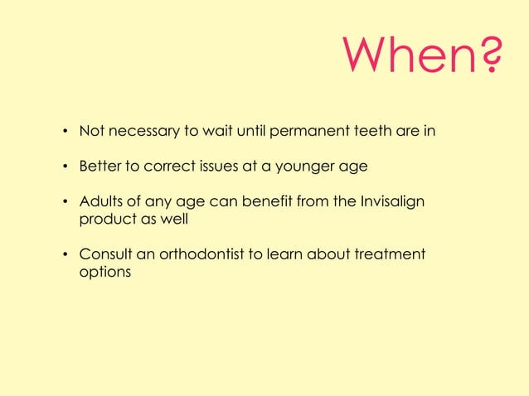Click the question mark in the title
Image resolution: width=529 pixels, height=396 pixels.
point(489,55)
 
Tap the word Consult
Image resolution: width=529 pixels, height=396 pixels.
point(106,254)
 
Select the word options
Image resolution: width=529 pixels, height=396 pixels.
point(104,272)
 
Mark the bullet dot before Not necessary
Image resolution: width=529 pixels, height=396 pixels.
point(64,132)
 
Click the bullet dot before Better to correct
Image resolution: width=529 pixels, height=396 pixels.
point(64,167)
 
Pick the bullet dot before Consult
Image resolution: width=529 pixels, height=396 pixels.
point(64,254)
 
